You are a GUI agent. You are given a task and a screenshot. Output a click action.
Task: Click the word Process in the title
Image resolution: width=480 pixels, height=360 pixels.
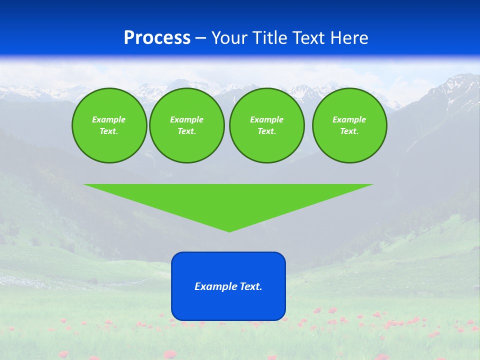coord(157,38)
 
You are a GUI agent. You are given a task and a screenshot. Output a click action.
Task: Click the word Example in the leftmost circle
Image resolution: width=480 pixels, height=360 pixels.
coord(109,119)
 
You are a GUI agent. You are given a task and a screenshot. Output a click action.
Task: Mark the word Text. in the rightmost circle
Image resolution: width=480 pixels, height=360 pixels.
coord(349,131)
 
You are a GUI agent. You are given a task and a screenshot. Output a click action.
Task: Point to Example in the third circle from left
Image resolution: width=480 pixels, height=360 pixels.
coord(266,119)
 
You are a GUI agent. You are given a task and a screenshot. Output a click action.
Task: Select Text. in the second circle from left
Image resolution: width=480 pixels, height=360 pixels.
coord(186,131)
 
